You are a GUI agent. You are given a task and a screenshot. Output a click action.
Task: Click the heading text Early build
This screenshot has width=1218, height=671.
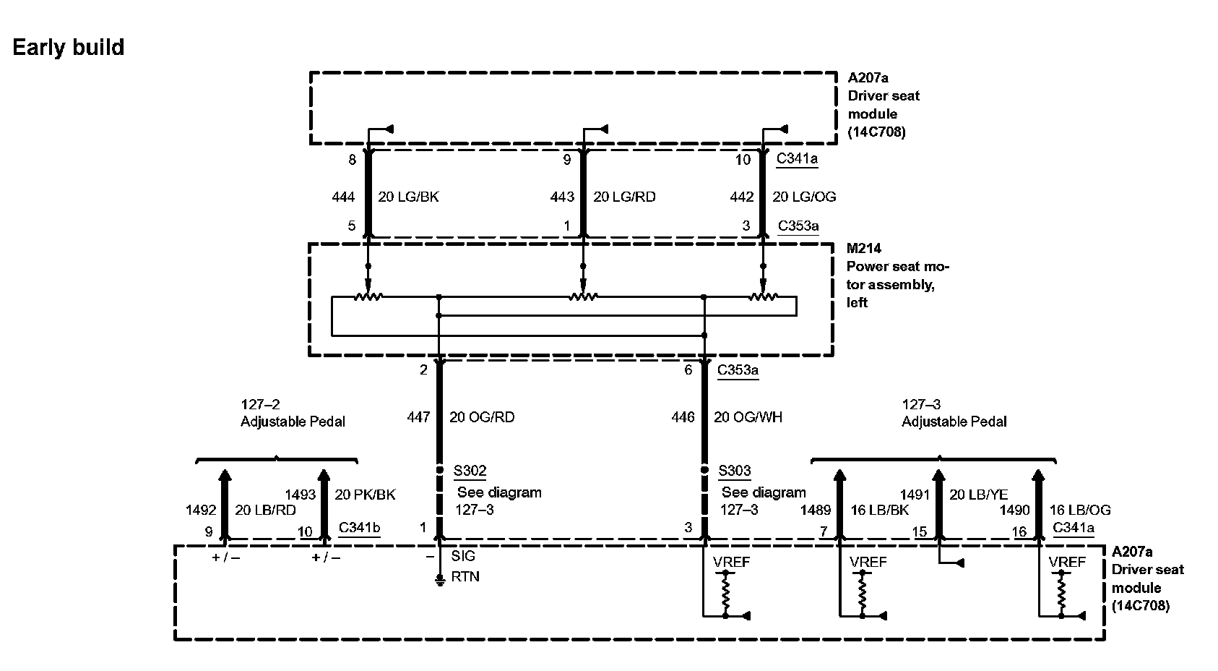[69, 48]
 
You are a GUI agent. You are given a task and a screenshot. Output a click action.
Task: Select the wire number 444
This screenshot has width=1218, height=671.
[343, 197]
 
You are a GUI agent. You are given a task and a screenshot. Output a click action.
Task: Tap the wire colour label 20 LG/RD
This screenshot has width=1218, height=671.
[624, 197]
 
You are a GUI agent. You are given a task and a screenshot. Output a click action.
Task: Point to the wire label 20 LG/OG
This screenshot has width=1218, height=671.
[804, 197]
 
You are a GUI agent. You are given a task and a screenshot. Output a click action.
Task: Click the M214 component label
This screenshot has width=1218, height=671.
[864, 249]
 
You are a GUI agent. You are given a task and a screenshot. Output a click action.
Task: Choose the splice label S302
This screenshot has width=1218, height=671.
[470, 471]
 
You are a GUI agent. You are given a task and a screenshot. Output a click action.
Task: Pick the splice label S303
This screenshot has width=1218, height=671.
[735, 471]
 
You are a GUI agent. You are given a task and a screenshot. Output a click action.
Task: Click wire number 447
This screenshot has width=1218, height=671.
[418, 417]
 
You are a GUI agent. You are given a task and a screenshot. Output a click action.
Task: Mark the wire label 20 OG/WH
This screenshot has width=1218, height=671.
[748, 417]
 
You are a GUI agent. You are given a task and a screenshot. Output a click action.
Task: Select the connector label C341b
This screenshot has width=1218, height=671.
[359, 527]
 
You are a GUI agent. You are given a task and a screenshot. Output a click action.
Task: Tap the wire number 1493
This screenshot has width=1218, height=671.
[301, 495]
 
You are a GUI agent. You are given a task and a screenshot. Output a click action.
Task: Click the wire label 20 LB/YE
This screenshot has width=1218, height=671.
[978, 495]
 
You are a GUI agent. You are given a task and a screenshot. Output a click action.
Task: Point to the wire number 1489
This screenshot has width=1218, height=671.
[815, 510]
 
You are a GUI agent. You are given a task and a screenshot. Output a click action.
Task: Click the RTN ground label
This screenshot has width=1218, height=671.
[465, 577]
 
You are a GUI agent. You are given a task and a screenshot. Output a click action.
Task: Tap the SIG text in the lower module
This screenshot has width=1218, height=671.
[463, 556]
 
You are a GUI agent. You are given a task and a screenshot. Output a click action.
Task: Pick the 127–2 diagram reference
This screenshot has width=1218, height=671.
[260, 404]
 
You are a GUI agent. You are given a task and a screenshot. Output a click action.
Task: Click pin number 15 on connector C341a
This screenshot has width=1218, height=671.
[919, 532]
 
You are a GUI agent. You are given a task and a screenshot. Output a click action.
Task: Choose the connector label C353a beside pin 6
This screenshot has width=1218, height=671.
[738, 370]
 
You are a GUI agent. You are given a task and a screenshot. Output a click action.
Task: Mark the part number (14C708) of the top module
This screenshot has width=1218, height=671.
[876, 132]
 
